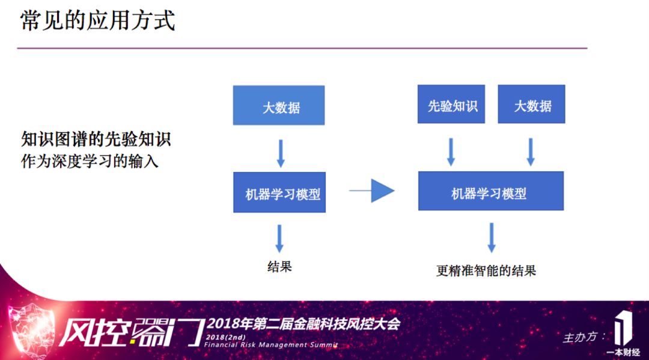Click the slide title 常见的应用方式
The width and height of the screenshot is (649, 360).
[x=98, y=20]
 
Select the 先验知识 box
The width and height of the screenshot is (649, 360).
[x=451, y=106]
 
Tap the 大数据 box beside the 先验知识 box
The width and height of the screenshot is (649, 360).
[x=532, y=106]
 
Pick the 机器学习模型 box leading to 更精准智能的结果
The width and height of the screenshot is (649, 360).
[x=490, y=192]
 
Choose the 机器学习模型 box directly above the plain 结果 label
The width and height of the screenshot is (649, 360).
[x=279, y=194]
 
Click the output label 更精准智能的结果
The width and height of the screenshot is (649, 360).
[x=486, y=270]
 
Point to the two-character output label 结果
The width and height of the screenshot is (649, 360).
[x=279, y=266]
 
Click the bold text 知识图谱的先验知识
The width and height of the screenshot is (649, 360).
[x=96, y=139]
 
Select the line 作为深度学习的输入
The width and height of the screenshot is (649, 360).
[x=90, y=162]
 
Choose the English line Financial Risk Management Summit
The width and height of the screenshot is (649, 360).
[x=270, y=345]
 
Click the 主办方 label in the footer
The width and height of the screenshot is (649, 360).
[x=582, y=337]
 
